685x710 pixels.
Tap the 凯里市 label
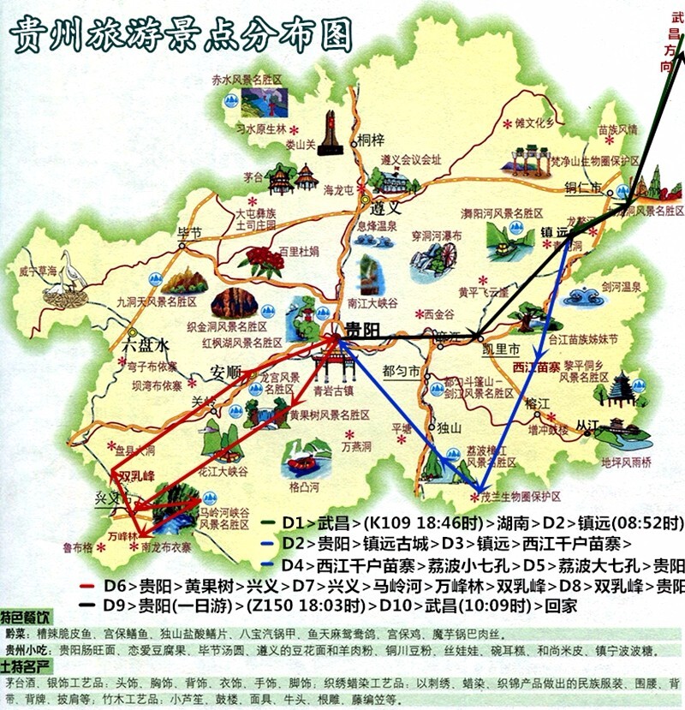(x=501, y=350)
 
